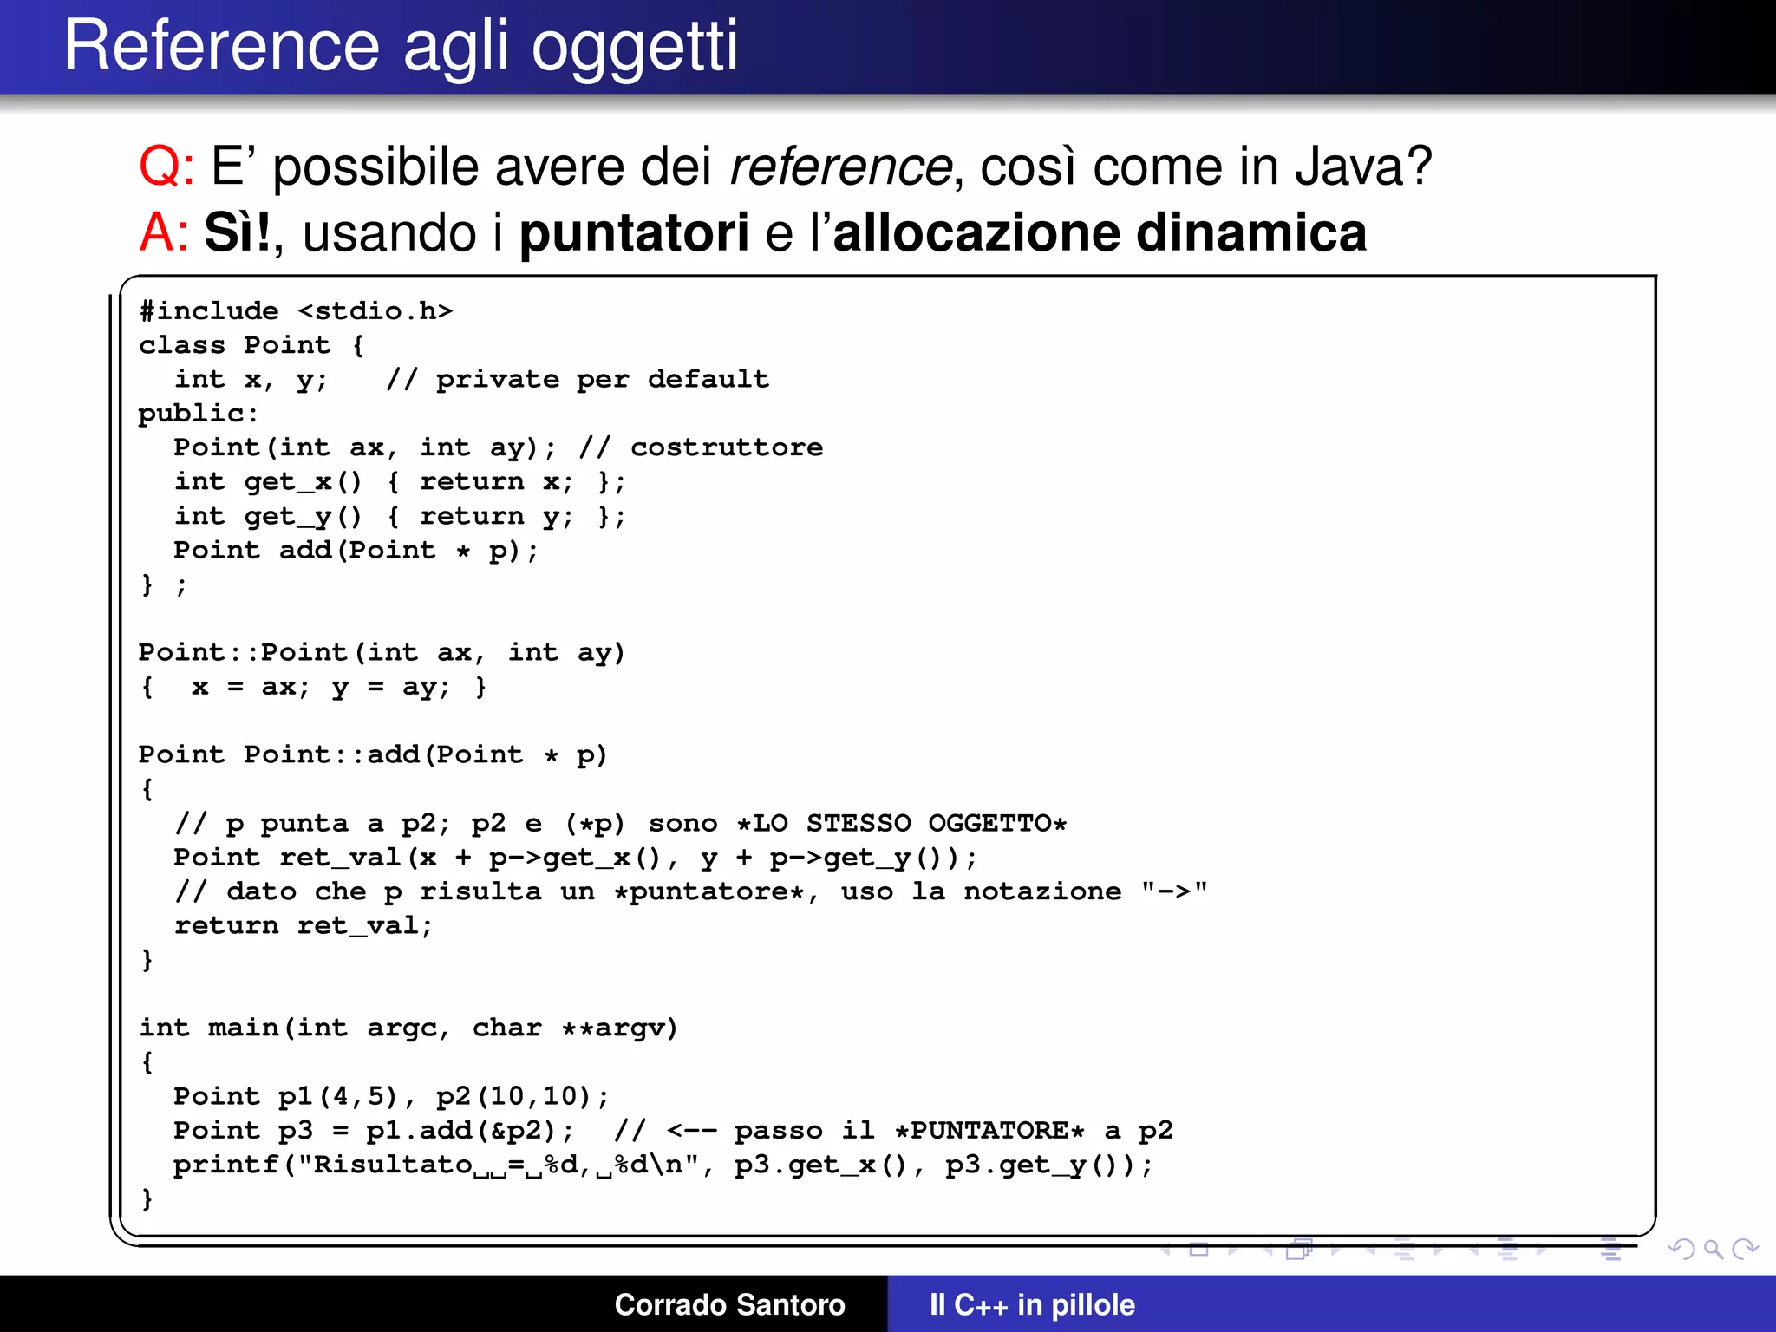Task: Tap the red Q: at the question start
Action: coord(166,166)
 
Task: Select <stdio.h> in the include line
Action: coord(375,310)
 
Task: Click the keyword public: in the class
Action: coord(199,414)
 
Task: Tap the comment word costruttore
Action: coord(727,447)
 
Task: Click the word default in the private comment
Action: coord(708,379)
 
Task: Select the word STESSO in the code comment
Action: coord(859,823)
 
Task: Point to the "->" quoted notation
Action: coord(1174,891)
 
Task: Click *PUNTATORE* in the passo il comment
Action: coord(989,1131)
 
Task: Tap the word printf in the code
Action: coord(225,1165)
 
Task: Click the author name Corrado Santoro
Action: coord(729,1304)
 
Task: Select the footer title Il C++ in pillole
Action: coord(1032,1304)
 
